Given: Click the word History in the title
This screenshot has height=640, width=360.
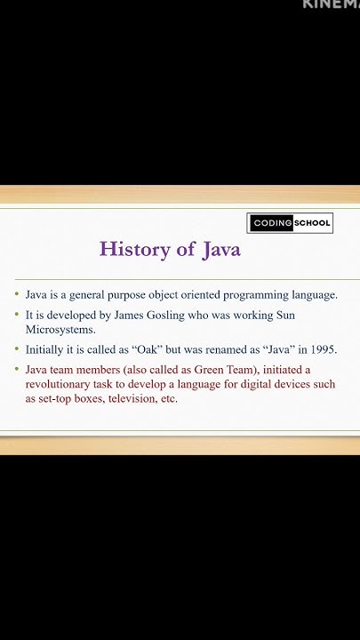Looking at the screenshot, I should click(x=135, y=249).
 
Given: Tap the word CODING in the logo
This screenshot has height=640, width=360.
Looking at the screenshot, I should click(x=270, y=223).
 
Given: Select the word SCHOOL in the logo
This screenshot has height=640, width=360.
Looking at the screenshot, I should click(x=312, y=223).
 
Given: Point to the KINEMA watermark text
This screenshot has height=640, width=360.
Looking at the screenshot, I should click(x=331, y=4).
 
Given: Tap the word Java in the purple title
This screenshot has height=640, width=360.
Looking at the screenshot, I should click(x=220, y=249).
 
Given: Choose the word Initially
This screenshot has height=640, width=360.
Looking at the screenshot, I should click(x=44, y=349).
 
